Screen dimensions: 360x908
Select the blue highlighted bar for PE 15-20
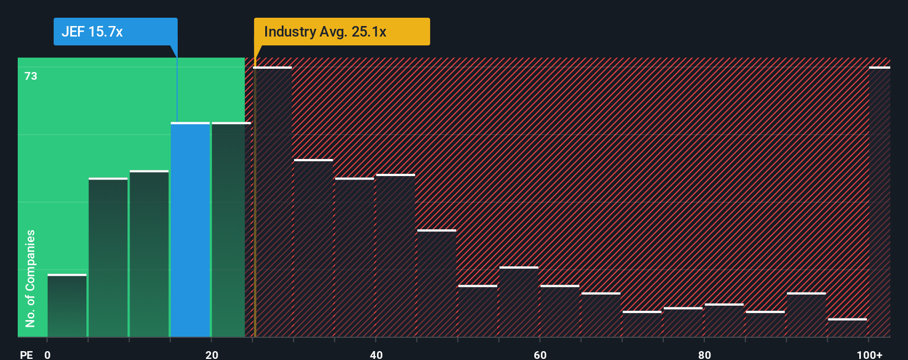coord(190,229)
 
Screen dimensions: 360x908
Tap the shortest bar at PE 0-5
coord(67,306)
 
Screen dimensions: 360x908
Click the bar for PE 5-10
coord(108,258)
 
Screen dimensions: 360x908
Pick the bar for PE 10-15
coord(149,254)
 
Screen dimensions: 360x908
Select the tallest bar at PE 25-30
coord(272,202)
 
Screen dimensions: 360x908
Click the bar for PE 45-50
coord(437,283)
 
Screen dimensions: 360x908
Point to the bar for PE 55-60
coord(519,302)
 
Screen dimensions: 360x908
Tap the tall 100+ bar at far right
coord(879,202)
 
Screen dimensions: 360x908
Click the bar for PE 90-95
coord(806,315)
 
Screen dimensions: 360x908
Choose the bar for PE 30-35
coord(313,248)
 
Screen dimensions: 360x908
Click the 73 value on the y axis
coord(31,76)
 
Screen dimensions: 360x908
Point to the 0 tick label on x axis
coord(48,354)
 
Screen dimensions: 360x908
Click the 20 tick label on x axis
coord(211,354)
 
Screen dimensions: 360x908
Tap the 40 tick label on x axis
coord(376,354)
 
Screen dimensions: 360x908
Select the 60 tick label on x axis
coord(540,354)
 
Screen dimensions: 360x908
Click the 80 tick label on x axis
coord(704,354)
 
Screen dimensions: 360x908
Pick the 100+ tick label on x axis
coord(869,354)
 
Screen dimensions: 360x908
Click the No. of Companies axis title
coord(30,278)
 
